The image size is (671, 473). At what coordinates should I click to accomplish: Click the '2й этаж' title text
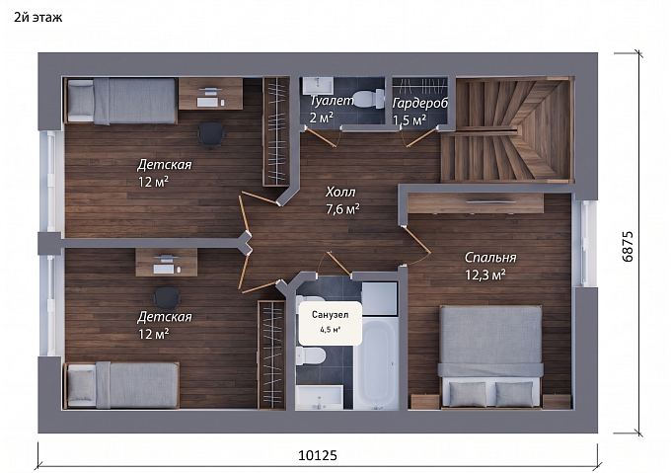pos(38,18)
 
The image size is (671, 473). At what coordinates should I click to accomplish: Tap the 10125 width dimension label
pos(318,455)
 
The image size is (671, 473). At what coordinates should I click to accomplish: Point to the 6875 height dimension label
pos(628,247)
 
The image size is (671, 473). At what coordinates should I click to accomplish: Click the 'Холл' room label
pos(340,192)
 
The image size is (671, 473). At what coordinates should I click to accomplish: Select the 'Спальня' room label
pos(490,258)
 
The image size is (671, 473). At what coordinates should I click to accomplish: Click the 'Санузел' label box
pos(331,322)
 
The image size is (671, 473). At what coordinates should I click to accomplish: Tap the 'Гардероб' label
pos(419,103)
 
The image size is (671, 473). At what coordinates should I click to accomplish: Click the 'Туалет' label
pos(333,101)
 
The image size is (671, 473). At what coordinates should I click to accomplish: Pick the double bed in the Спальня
pos(490,356)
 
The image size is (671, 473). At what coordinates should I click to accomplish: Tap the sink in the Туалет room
pos(318,86)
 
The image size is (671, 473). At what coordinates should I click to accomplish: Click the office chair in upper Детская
pos(211,135)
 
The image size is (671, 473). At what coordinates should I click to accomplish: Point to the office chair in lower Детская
pos(167,298)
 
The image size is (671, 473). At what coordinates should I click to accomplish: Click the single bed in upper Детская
pos(121,101)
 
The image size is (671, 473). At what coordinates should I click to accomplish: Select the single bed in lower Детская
pos(122,385)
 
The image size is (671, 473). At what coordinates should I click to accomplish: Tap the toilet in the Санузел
pos(311,355)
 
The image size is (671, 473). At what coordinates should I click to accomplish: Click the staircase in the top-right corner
pos(507,129)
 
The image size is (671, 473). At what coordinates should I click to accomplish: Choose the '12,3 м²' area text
pos(485,275)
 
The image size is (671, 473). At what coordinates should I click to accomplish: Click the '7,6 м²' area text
pos(342,209)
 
